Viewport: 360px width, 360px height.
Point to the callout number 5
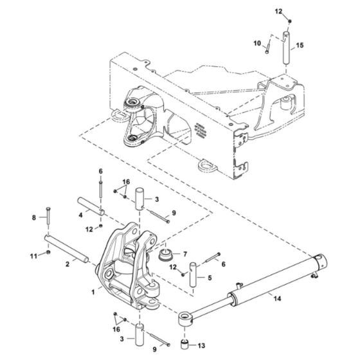tap(210, 278)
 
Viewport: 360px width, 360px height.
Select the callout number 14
tap(277, 298)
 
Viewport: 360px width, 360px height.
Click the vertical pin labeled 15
tap(283, 49)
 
